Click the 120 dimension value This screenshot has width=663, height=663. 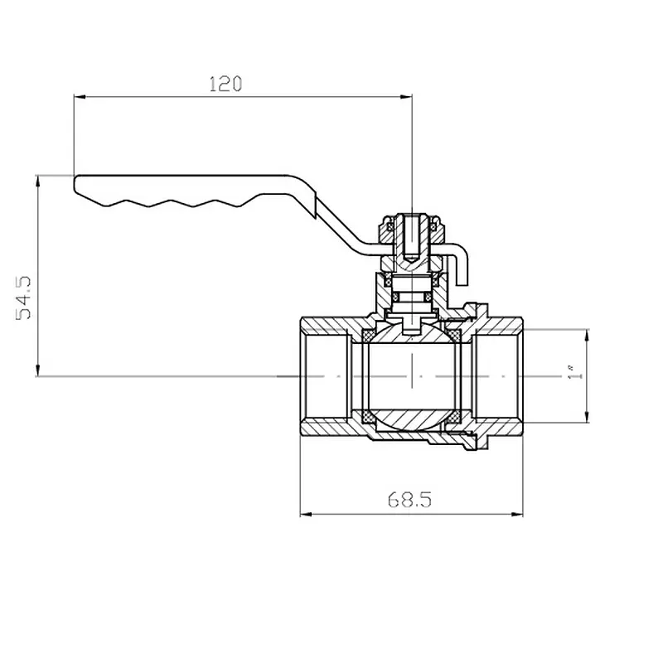(225, 85)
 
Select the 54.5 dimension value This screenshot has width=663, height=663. (23, 298)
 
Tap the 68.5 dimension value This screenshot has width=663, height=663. (409, 500)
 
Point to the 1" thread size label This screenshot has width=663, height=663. (570, 372)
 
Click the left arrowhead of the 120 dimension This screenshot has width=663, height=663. (80, 97)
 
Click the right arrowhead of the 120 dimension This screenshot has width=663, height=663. (406, 97)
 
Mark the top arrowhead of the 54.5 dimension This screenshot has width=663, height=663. (38, 181)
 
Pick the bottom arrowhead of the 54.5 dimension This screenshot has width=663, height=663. (38, 370)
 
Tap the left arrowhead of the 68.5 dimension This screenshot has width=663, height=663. (306, 514)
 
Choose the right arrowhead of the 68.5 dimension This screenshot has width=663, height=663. (516, 514)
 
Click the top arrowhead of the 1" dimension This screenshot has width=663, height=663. (586, 336)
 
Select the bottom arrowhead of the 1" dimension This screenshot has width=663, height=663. (586, 416)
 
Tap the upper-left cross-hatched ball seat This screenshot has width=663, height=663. (369, 336)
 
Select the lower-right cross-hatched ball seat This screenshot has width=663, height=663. (454, 417)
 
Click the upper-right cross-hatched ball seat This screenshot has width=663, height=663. (454, 336)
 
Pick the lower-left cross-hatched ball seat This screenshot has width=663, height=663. (369, 417)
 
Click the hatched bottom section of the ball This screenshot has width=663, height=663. (411, 419)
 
